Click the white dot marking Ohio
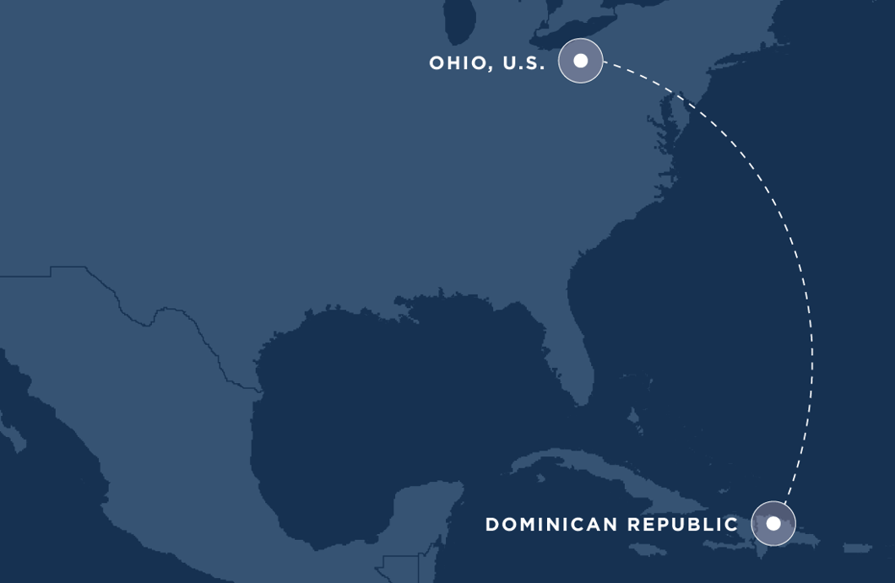(581, 61)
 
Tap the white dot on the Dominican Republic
(773, 523)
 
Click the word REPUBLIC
(683, 525)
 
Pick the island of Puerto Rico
(857, 548)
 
